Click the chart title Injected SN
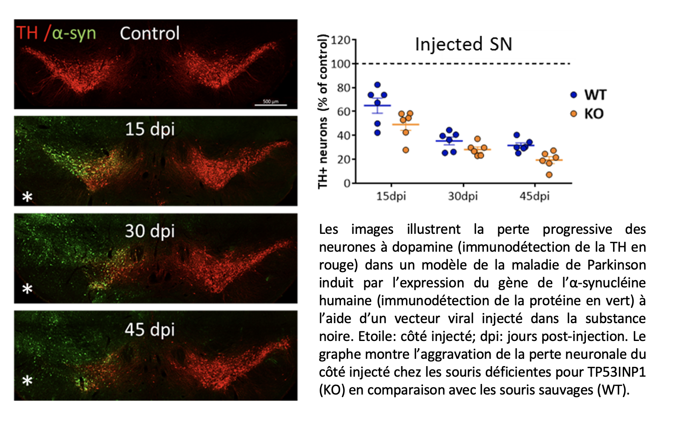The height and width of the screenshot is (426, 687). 463,44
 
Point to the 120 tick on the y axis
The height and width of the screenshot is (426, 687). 341,40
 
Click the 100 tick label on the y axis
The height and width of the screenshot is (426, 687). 341,64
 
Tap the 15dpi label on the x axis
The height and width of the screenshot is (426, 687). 391,196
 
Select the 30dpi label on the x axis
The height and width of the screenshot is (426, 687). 463,196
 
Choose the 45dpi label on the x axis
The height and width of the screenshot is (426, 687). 534,196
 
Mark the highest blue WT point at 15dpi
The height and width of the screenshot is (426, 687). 378,85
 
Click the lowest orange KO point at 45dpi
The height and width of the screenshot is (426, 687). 549,175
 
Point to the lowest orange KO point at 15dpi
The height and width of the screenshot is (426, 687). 406,150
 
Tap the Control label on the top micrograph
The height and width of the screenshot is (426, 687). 150,34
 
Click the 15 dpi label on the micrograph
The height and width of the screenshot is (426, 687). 150,129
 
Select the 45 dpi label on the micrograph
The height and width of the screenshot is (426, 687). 150,329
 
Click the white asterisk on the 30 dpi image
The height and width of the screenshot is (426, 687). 27,289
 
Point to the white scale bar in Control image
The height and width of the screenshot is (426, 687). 270,105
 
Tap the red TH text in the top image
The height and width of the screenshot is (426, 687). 27,33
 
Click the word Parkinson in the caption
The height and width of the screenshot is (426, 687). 616,265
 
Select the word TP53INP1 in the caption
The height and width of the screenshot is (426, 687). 616,372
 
